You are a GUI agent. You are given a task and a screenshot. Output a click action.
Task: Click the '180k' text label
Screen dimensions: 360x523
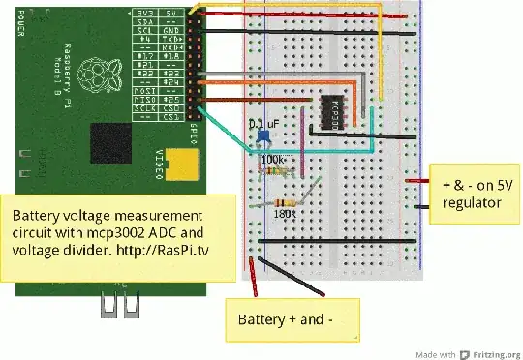(x=286, y=214)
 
